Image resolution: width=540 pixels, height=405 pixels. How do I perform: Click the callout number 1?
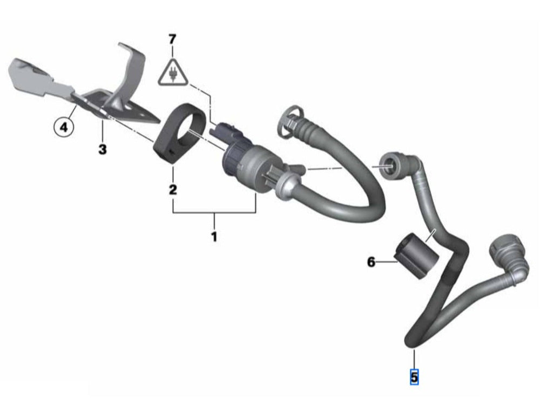(x=214, y=237)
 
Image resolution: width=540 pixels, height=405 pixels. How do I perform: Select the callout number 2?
(x=173, y=189)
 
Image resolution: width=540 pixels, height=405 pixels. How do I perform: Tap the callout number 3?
(x=102, y=149)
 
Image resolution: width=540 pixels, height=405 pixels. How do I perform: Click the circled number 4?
(x=64, y=127)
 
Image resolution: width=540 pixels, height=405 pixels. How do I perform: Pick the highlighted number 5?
(x=414, y=377)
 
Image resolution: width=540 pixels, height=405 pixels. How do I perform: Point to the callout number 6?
(x=371, y=262)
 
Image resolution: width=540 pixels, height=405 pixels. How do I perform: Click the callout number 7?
(x=172, y=39)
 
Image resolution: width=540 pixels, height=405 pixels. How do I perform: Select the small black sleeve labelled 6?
(x=416, y=255)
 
